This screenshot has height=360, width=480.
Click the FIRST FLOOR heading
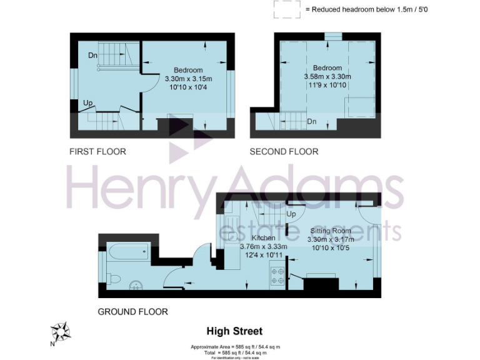[x=97, y=151]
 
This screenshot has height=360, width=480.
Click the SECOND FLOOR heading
[x=284, y=151]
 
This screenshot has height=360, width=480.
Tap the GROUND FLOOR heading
[x=132, y=311]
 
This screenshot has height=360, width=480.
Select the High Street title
[x=234, y=331]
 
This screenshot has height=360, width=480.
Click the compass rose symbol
[x=61, y=331]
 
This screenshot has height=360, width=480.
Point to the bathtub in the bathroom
[x=128, y=252]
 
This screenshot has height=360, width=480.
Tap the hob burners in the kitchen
[x=277, y=276]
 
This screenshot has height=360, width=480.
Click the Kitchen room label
[x=264, y=238]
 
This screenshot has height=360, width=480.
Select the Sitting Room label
[x=331, y=230]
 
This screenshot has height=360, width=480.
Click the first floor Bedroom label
[x=188, y=69]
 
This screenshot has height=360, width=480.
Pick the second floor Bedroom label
[x=327, y=67]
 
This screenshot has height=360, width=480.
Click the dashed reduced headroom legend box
[x=286, y=9]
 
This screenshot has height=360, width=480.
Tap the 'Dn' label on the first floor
[x=92, y=56]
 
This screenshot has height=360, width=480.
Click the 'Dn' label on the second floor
[x=311, y=122]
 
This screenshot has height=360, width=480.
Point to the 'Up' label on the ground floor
[x=291, y=214]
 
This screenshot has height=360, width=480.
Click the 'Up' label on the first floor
[x=88, y=102]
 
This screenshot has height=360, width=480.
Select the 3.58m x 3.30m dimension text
[x=327, y=76]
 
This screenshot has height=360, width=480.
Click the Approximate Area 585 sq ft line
[x=235, y=346]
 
